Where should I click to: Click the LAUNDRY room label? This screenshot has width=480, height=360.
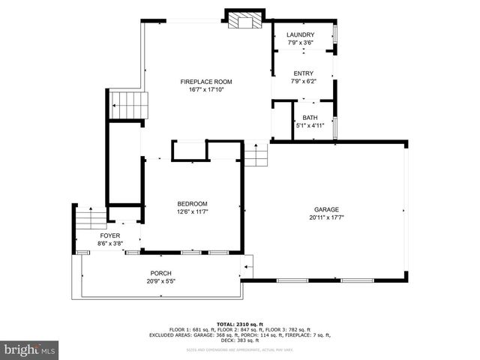coord(301,35)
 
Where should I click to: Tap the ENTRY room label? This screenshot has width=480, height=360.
coord(303,73)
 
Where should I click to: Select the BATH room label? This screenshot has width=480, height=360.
coord(310,118)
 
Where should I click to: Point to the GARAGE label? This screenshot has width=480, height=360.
coord(326,209)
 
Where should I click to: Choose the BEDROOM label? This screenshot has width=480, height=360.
coord(192,204)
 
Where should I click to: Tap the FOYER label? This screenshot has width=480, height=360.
coord(110,235)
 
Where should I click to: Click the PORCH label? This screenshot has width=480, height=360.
coord(161,273)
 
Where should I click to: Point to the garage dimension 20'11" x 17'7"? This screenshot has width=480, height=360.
coord(326,217)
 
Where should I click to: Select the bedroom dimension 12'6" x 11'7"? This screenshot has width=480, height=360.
coord(192,212)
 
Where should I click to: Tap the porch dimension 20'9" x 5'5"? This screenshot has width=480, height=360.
coord(161,281)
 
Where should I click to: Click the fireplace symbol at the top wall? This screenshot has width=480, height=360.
coord(244,20)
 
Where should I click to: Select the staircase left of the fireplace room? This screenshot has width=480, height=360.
coord(129,106)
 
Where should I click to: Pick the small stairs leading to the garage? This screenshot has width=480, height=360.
coord(256,156)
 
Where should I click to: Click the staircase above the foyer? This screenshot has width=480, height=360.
coord(91,219)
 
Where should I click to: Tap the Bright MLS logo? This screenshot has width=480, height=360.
coord(30,349)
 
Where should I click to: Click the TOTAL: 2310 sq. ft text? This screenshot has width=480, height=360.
coord(239,323)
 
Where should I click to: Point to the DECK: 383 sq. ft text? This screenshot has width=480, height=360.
coord(239,340)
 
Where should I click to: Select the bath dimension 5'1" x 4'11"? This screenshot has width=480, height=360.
coord(310,126)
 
